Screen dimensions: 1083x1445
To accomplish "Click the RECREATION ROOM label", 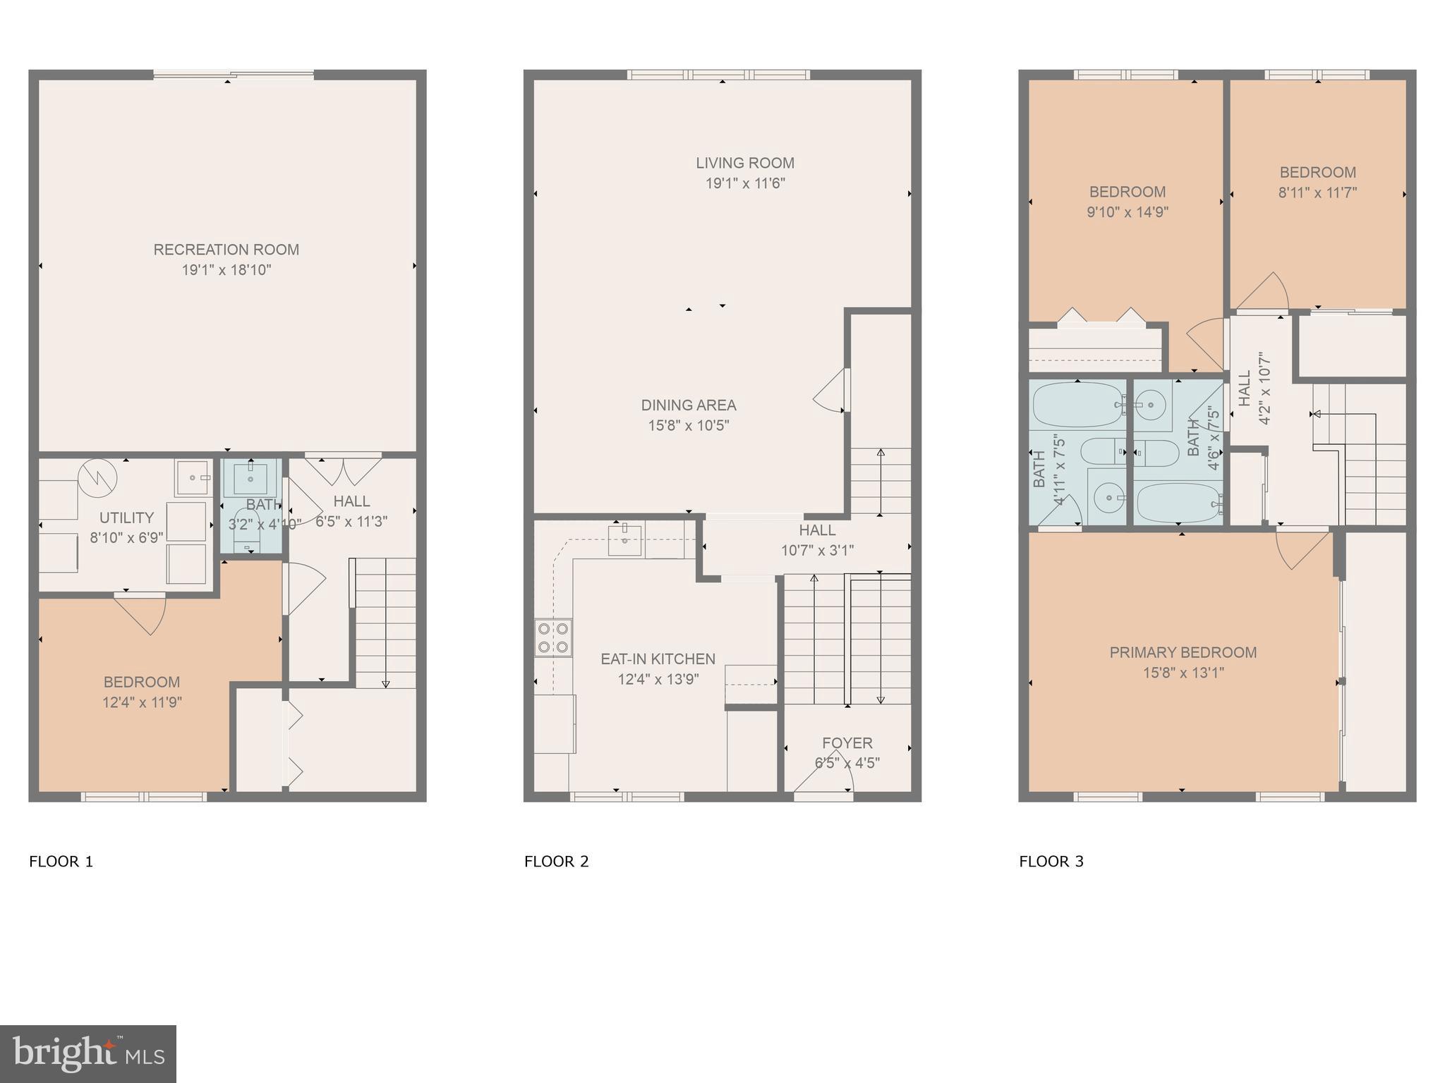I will point(226,250).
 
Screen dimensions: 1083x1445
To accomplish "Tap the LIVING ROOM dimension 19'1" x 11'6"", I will point(745,183).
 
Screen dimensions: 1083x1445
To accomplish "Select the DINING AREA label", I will point(688,405).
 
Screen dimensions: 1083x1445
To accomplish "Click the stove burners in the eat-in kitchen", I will point(553,637).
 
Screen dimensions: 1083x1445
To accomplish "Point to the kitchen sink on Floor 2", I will point(624,541).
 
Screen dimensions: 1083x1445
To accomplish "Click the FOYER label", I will point(847,743).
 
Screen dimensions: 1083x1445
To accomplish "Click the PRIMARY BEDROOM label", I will point(1183,653).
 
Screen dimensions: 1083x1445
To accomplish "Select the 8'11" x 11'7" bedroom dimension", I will point(1317,192).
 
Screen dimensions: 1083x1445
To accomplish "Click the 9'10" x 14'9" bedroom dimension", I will point(1127,212).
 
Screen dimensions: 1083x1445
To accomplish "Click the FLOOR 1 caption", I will point(61,862).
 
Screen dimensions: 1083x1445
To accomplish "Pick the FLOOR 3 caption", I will point(1051,862).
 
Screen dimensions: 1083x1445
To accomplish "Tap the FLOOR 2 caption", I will point(556,862).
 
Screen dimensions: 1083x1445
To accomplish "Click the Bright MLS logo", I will point(88,1054).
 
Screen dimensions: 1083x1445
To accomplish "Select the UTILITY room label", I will point(126,518).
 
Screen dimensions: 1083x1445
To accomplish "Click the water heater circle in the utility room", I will point(97,478).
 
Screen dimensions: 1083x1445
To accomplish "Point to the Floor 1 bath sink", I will point(250,479).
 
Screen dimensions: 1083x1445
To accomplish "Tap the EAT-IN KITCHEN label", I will point(658,659).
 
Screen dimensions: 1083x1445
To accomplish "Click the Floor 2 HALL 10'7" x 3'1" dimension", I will point(817,551).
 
